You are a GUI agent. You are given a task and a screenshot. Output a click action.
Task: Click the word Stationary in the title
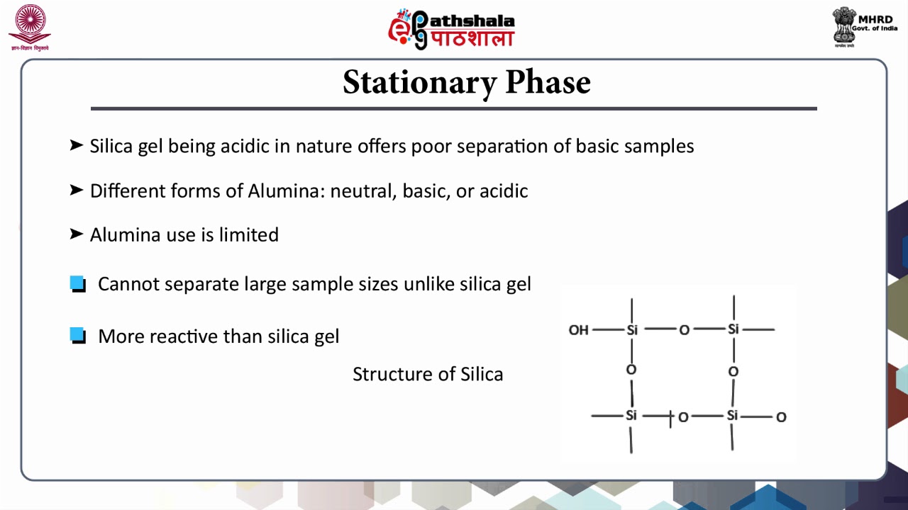pyautogui.click(x=420, y=82)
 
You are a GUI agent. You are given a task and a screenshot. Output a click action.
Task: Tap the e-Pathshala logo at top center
pyautogui.click(x=451, y=29)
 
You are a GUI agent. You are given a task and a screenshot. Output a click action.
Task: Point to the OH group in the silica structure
pyautogui.click(x=578, y=330)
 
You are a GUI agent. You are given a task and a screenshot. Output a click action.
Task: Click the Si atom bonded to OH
pyautogui.click(x=632, y=330)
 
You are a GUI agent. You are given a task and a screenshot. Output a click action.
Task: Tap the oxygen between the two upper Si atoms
pyautogui.click(x=684, y=330)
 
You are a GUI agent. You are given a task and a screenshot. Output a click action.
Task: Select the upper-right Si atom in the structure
pyautogui.click(x=733, y=329)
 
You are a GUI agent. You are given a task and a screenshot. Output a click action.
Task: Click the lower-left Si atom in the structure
pyautogui.click(x=631, y=416)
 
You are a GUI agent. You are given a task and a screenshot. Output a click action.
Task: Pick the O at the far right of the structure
pyautogui.click(x=781, y=417)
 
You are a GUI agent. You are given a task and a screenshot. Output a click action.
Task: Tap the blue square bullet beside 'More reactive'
pyautogui.click(x=78, y=335)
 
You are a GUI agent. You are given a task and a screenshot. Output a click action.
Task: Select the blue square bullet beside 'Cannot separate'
pyautogui.click(x=78, y=284)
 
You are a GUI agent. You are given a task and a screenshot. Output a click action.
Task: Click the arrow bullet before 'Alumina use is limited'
pyautogui.click(x=77, y=234)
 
